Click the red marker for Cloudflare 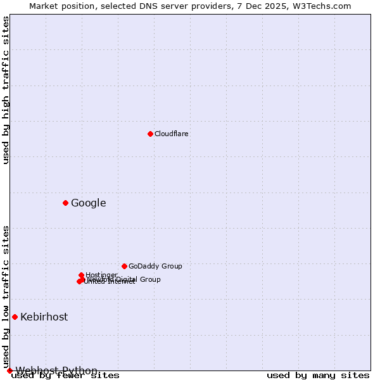pos(150,134)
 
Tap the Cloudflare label pos(172,134)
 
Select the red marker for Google pos(65,203)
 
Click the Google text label pos(89,203)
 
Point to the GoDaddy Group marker pos(124,266)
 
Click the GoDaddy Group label pos(155,267)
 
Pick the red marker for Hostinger pos(81,275)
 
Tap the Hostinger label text pos(101,275)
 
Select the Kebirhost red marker pos(15,317)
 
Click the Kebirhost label pos(44,317)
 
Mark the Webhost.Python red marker pos(9,370)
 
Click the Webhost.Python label pos(57,370)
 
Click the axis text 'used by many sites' pos(318,376)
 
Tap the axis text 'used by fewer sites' pos(65,376)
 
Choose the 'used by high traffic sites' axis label pos(6,90)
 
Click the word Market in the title pos(44,6)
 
